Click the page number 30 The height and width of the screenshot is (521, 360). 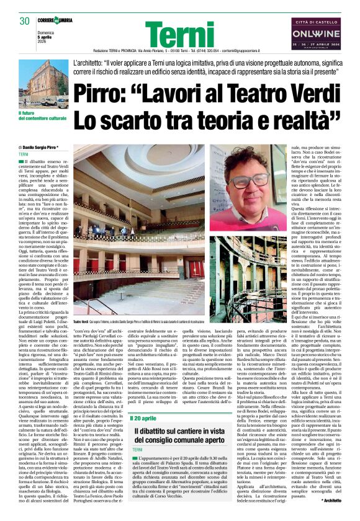[x=25, y=21]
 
